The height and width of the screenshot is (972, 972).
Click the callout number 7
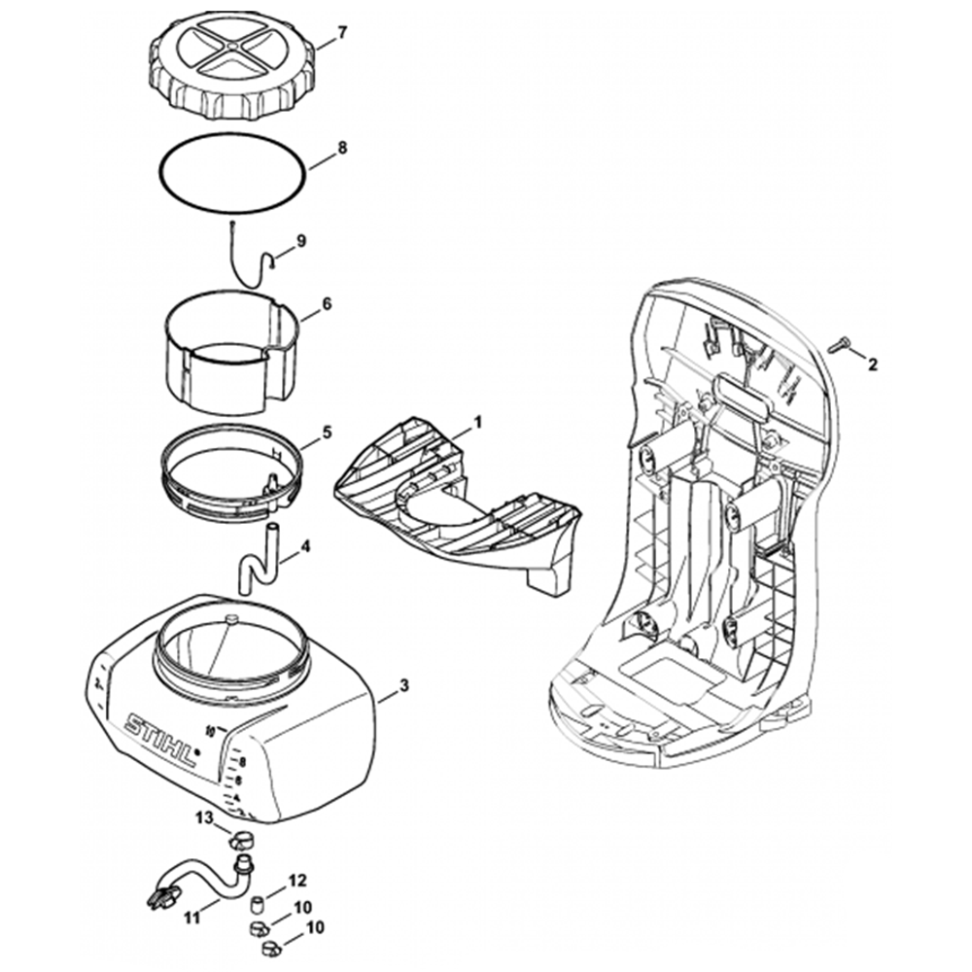pyautogui.click(x=342, y=33)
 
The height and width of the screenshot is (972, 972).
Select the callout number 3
pyautogui.click(x=404, y=685)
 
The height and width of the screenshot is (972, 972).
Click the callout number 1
pyautogui.click(x=477, y=422)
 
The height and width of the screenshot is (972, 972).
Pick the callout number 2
pyautogui.click(x=872, y=364)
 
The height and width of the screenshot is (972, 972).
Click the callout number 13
pyautogui.click(x=203, y=818)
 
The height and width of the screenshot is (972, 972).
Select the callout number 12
pyautogui.click(x=297, y=881)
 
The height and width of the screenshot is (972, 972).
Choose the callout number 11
pyautogui.click(x=191, y=915)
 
